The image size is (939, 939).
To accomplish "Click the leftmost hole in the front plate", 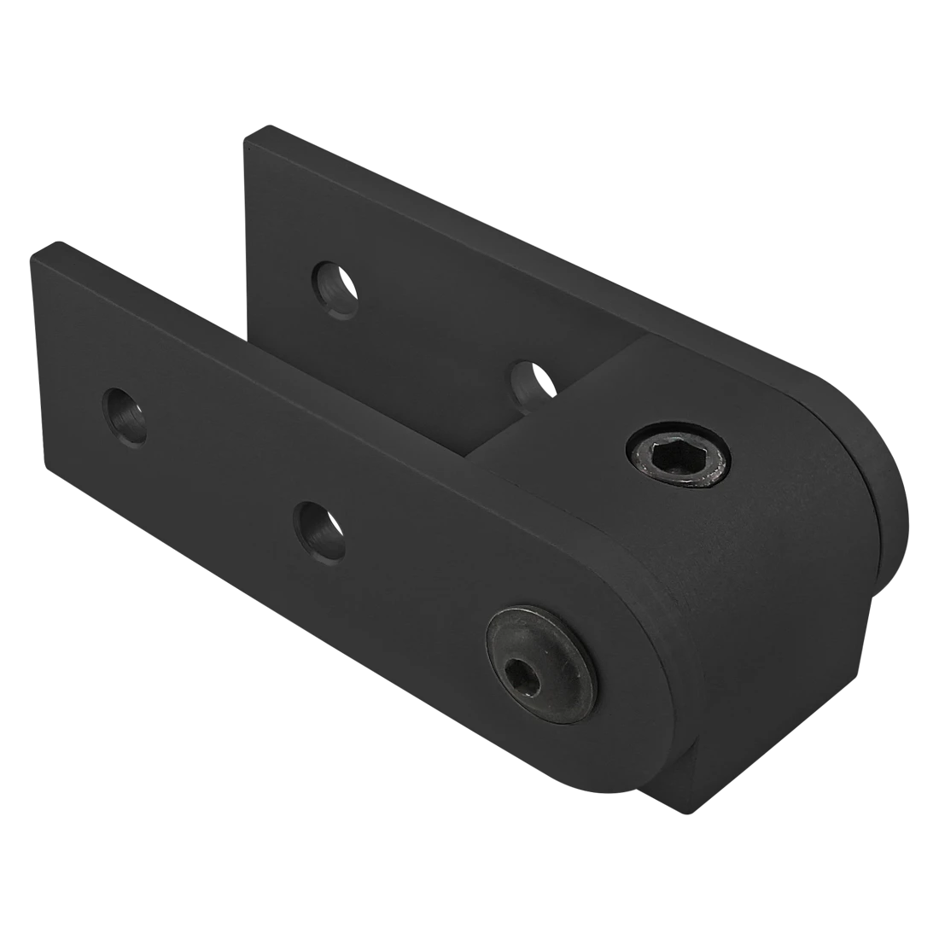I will [x=125, y=417].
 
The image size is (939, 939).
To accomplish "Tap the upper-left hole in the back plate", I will [x=335, y=289].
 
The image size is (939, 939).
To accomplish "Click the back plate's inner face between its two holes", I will [x=427, y=341].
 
